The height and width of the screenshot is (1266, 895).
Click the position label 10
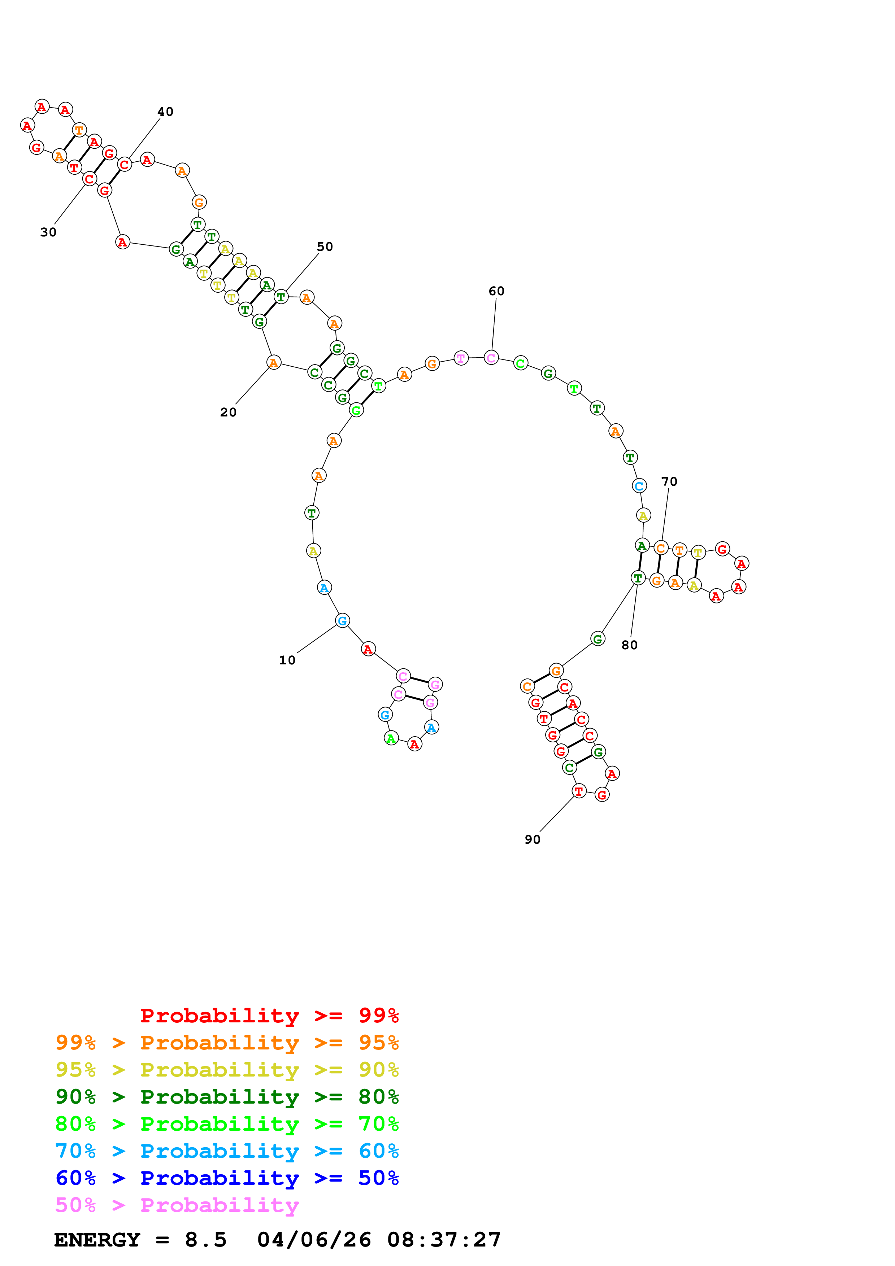[x=287, y=660]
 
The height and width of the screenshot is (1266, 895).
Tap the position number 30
[x=48, y=232]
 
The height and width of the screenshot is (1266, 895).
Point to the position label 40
[x=165, y=112]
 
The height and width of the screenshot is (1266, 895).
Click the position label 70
[x=669, y=481]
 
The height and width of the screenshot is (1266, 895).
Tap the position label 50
[x=325, y=246]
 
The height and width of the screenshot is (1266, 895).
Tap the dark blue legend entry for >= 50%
[x=227, y=1178]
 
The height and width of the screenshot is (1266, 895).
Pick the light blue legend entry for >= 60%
[x=227, y=1151]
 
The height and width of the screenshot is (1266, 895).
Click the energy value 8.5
[x=206, y=1240]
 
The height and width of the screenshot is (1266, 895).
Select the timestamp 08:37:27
[x=444, y=1240]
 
